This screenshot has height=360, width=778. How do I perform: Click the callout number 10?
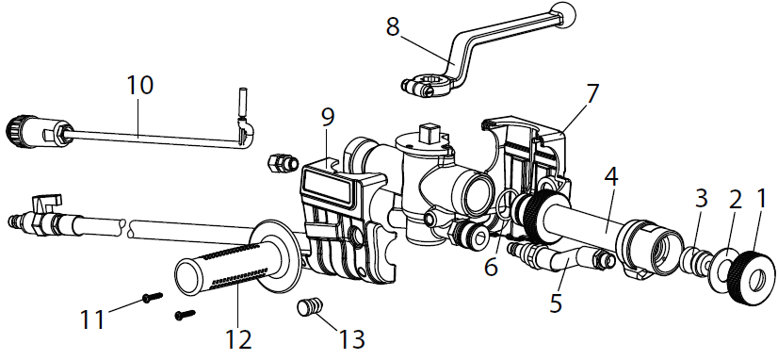coord(140,85)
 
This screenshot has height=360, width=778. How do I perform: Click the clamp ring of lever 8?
coord(427,86)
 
